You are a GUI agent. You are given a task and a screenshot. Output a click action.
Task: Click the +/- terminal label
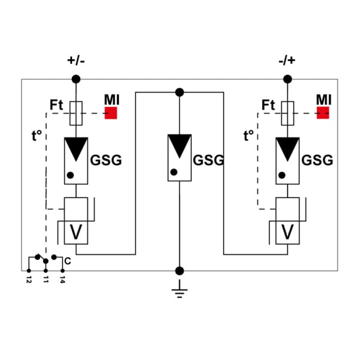[x=76, y=61]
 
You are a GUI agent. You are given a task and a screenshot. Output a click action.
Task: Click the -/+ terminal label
[x=287, y=61]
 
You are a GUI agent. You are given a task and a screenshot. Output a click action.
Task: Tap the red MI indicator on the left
[x=111, y=113]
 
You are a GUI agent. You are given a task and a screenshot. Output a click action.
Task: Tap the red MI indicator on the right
[x=323, y=113]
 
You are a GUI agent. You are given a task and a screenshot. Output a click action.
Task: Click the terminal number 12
[x=29, y=280]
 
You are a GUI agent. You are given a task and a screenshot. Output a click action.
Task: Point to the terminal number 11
[x=46, y=280]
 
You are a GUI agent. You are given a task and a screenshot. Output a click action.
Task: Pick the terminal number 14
[x=62, y=280]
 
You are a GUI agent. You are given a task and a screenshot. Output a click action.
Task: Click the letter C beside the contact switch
[x=68, y=261]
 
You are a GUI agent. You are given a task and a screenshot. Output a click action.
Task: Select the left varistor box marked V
[x=76, y=233]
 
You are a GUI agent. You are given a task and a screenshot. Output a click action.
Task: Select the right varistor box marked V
[x=287, y=233]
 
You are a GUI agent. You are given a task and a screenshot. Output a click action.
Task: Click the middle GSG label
[x=208, y=160]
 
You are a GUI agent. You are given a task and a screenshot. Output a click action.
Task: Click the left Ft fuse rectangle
[x=76, y=113]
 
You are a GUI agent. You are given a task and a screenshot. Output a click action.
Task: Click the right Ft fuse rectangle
[x=287, y=113]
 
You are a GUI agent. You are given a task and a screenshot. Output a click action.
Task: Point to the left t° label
[x=37, y=135]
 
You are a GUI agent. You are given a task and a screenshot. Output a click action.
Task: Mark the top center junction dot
[x=179, y=92]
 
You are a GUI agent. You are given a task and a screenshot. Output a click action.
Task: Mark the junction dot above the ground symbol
[x=179, y=271]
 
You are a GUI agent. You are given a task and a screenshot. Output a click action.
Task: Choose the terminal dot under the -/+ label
[x=287, y=79]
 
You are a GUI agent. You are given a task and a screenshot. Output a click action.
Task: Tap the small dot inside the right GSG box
[x=282, y=175]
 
